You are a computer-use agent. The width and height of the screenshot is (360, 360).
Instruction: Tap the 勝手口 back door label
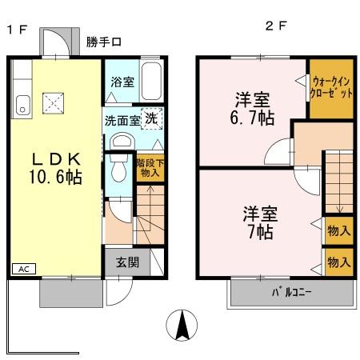tap(104, 42)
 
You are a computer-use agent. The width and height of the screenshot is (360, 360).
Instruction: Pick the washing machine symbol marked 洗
tap(152, 117)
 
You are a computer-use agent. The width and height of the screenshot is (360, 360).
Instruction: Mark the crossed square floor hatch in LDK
tap(54, 102)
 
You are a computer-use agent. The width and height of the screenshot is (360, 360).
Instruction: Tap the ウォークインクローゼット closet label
tap(332, 86)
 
